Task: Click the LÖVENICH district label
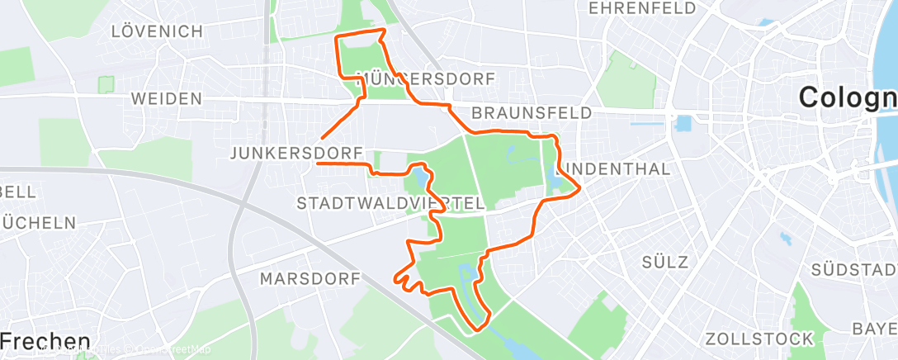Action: point(157,32)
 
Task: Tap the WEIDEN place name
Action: point(166,99)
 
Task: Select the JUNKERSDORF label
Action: point(296,153)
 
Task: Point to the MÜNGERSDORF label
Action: point(426,80)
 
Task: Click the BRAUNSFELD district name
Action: point(532,112)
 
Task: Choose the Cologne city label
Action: point(847,98)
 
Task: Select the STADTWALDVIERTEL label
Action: point(390,203)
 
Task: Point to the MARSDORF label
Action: point(310,278)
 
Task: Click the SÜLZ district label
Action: point(664,263)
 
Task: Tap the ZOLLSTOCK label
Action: point(759,339)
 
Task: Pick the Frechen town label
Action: point(45,341)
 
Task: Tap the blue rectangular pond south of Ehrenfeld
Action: point(683,125)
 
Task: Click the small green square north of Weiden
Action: point(106,84)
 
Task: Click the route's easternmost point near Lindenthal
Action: point(580,189)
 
